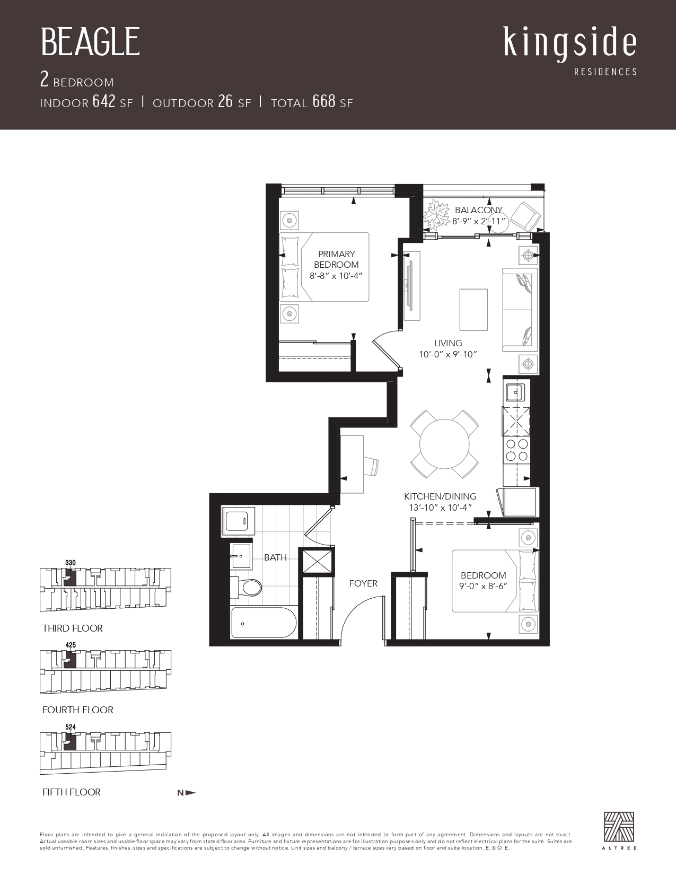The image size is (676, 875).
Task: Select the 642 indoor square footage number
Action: [x=104, y=101]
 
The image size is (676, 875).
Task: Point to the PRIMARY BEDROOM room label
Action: [x=336, y=259]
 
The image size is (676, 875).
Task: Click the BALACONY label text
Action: [x=479, y=210]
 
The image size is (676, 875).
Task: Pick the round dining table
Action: [x=444, y=444]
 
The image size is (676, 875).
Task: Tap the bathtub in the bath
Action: [x=264, y=623]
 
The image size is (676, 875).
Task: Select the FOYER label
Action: [x=363, y=583]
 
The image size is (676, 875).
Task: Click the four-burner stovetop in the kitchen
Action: [x=517, y=450]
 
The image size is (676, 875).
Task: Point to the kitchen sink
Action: [x=515, y=392]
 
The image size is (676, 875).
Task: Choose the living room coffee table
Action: [x=474, y=310]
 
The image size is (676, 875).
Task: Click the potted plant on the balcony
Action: [x=437, y=214]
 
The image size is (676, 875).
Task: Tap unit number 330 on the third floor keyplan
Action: [x=70, y=563]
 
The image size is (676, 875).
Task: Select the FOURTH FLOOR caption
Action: [x=78, y=710]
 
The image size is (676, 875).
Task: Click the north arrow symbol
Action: [x=187, y=793]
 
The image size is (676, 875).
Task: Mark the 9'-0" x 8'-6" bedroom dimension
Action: [x=483, y=586]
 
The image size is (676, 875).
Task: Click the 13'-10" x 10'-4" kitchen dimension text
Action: [x=440, y=507]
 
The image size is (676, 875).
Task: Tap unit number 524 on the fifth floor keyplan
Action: [x=70, y=727]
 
